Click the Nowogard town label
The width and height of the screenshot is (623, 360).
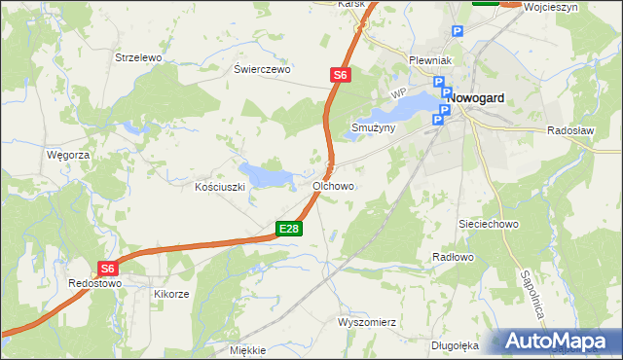[x=484, y=98]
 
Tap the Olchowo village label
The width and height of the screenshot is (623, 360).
[x=333, y=185]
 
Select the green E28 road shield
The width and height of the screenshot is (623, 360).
[x=289, y=229]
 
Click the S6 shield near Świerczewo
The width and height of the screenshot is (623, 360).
[x=338, y=74]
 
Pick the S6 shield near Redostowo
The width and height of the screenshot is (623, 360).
[x=107, y=269]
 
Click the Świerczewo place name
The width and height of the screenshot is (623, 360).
[x=263, y=70]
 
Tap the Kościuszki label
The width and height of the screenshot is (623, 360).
[x=218, y=186]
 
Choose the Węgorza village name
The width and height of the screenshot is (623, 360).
[x=68, y=155]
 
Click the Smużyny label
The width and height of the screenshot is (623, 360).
[x=373, y=127]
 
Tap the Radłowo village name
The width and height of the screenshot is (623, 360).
[x=452, y=257]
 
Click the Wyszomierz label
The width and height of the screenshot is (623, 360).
[x=366, y=322]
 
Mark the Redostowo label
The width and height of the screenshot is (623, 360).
[x=94, y=283]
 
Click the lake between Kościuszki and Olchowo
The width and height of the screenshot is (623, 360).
[x=267, y=176]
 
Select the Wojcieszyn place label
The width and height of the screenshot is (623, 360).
[x=551, y=7]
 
